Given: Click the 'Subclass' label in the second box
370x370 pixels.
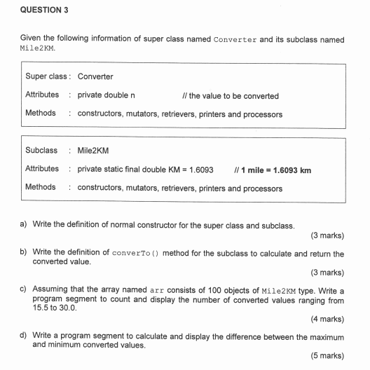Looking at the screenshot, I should [41, 151].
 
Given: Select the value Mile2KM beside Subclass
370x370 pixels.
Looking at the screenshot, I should [93, 151].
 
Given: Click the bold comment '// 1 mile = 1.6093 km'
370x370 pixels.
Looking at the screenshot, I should [275, 170].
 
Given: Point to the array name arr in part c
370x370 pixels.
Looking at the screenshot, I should [156, 289].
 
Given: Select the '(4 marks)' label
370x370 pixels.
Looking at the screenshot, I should [327, 319].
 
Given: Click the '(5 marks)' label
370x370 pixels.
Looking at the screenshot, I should [327, 356].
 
